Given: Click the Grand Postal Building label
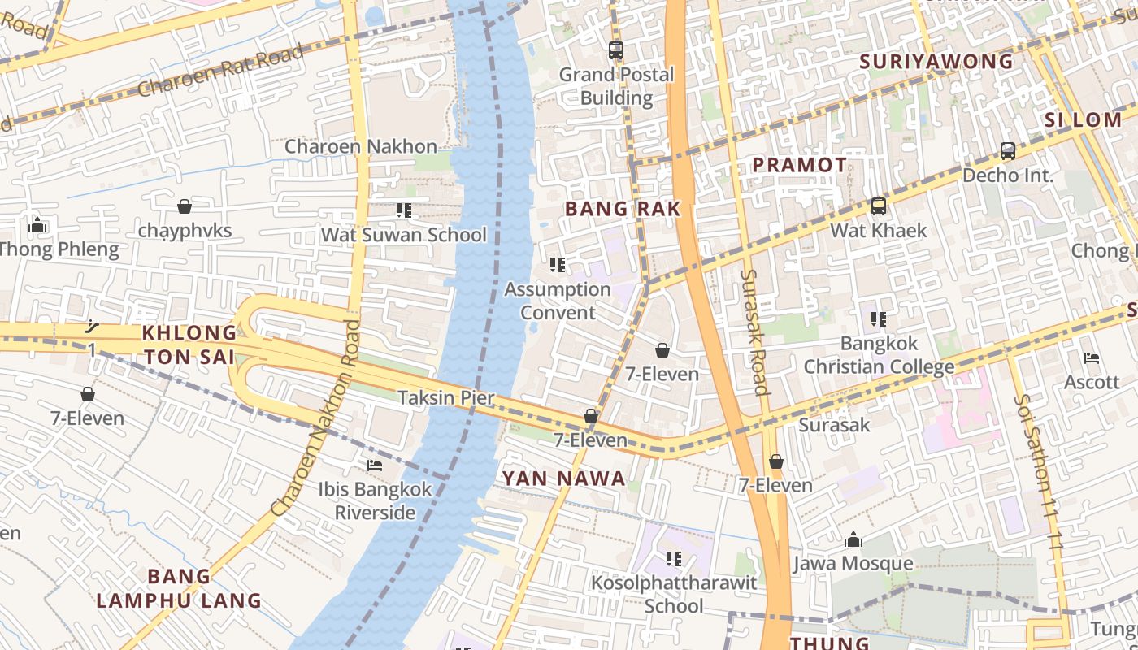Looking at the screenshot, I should point(616,86).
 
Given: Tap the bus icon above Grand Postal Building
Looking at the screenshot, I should point(616,50).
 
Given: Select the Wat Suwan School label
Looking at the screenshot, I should point(404,235).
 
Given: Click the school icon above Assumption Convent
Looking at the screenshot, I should point(558,265).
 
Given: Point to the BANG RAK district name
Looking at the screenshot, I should point(623,209).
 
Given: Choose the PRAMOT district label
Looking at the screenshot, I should point(799,165).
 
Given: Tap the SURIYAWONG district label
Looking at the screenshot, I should point(936,62).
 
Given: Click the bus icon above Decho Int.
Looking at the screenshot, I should point(1008,150).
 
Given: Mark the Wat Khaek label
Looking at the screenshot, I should point(878,231).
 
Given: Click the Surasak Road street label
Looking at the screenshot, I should point(755,332).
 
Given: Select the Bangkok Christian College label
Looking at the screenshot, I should point(879,355).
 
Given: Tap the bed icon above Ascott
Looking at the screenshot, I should point(1092,357).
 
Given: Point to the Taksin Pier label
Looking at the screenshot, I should point(446,397).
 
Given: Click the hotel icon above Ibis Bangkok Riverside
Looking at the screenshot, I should point(375,466).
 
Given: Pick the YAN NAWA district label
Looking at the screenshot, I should point(564,479).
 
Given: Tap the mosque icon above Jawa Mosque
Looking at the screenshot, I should point(853,539).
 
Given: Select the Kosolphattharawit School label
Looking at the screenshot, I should point(674,594).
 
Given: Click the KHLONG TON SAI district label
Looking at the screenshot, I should point(189,344).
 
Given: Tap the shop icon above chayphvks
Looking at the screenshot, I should point(185,206).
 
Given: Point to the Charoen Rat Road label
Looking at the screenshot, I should point(220,71).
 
